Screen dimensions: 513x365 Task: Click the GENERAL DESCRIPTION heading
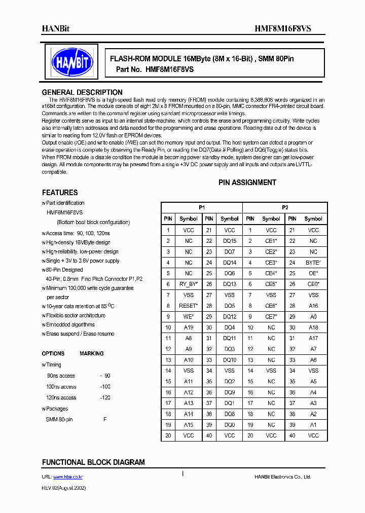coord(82,92)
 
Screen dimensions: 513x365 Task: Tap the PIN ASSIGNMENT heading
coord(247,182)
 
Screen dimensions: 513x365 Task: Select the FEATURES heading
coord(60,193)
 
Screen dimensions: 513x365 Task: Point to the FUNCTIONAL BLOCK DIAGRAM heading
coord(93,462)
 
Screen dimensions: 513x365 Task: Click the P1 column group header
coord(202,208)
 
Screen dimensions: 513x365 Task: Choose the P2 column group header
coord(285,208)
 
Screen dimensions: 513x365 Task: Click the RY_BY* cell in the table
coord(189,284)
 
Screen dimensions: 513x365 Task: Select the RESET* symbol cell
coord(189,306)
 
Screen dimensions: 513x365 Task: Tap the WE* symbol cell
coord(189,317)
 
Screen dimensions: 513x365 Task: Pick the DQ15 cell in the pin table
coord(230,241)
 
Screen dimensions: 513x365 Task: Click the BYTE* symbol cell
coord(313,263)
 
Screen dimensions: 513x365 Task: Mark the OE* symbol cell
coord(313,273)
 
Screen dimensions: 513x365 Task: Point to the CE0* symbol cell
coord(313,284)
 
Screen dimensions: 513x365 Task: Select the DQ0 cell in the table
coord(230,425)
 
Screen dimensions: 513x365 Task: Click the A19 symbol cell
coord(189,327)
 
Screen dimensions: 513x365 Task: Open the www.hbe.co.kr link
coord(68,477)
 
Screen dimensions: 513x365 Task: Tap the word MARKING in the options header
coord(91,354)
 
